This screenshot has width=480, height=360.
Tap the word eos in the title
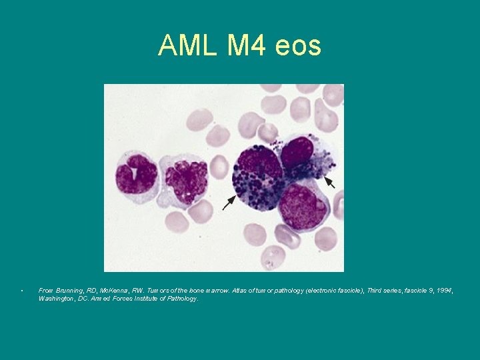tap(299, 45)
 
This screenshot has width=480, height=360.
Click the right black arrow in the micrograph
tap(329, 181)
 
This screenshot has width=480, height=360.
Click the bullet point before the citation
tap(22, 291)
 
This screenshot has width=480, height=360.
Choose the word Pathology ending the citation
tap(182, 299)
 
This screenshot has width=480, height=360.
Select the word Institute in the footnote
tap(140, 299)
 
